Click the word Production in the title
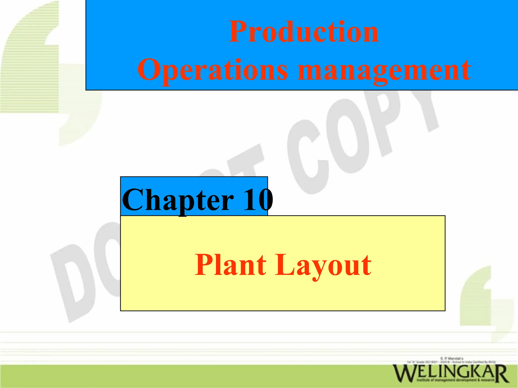click(x=304, y=32)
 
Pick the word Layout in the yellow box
click(x=323, y=266)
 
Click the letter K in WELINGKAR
click(x=474, y=373)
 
